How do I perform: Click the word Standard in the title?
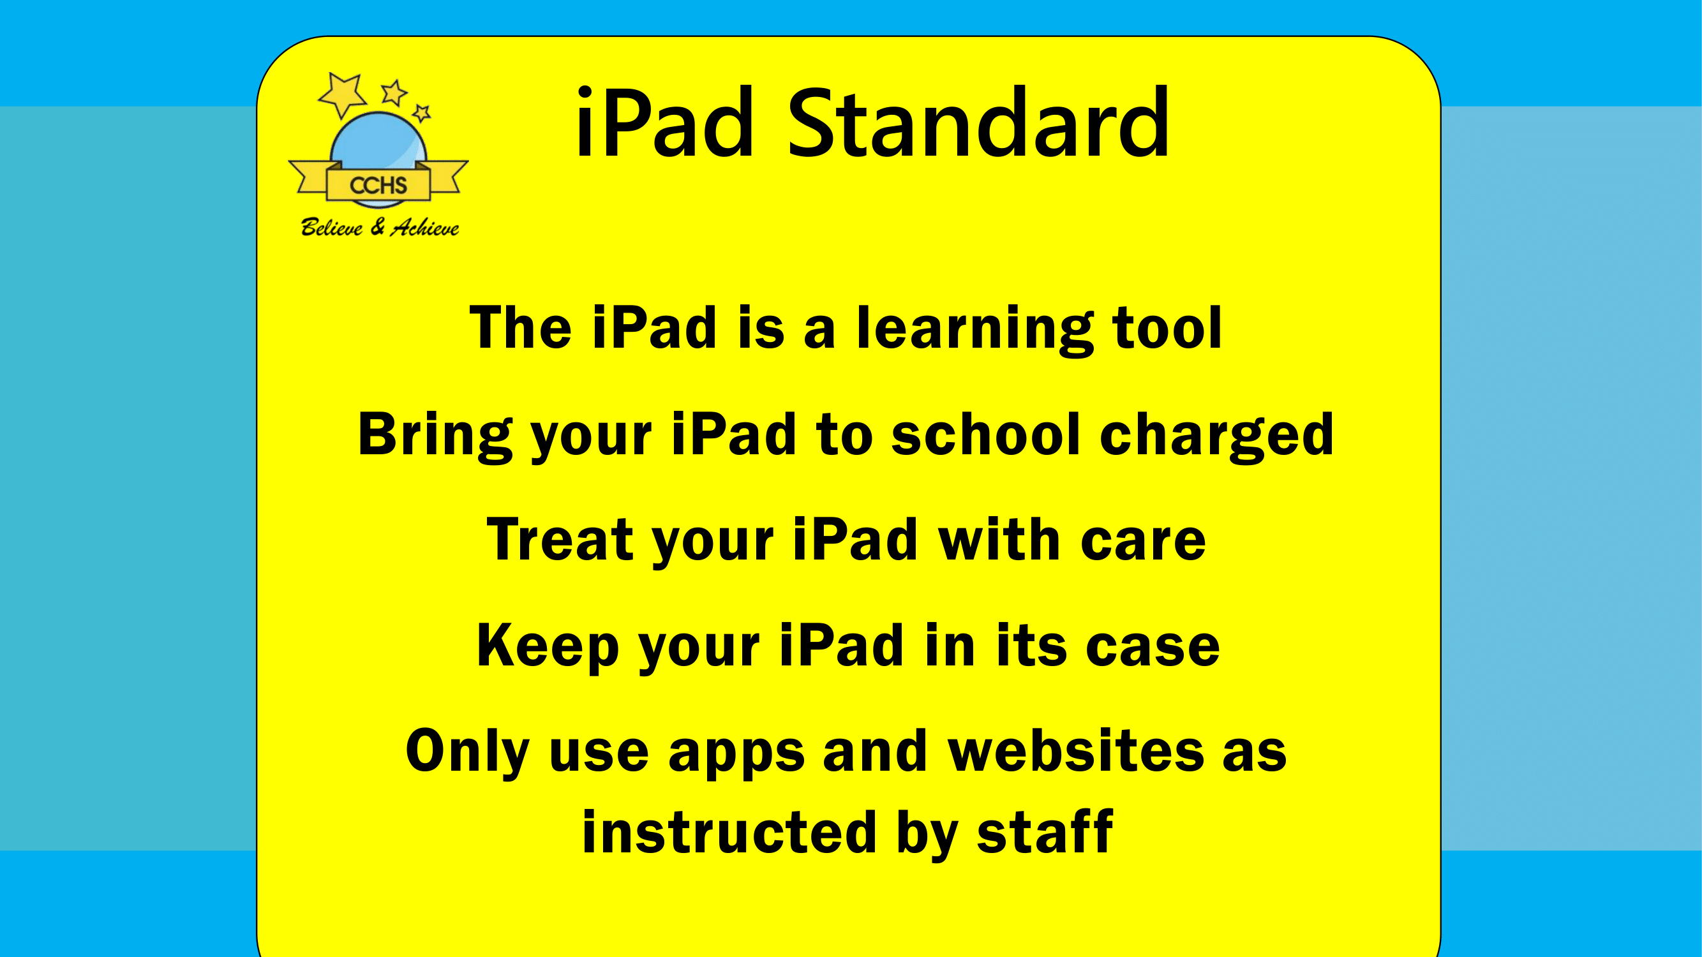978,124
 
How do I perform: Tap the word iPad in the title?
665,124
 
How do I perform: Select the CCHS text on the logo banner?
378,186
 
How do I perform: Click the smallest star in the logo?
422,113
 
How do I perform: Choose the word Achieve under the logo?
425,228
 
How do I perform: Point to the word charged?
1217,436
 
